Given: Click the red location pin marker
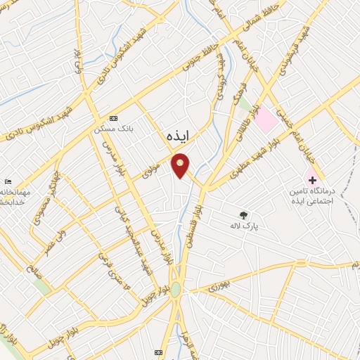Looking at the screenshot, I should (x=181, y=165).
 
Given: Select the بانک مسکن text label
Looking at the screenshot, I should (x=114, y=129).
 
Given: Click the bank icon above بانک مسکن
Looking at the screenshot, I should (x=115, y=118).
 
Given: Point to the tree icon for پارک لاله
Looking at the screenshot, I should (x=243, y=215).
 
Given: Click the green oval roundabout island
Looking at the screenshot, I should (x=175, y=289).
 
